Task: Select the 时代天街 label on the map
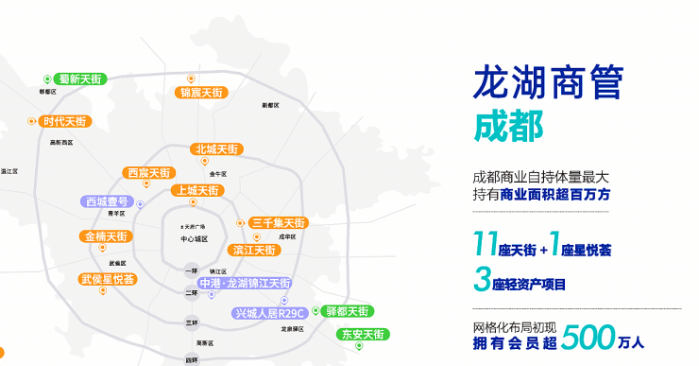(x=63, y=121)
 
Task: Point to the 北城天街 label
(x=216, y=148)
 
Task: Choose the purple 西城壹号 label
(x=107, y=201)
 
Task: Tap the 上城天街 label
(x=196, y=190)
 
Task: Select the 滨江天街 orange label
(x=252, y=250)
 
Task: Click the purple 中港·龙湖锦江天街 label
(x=244, y=283)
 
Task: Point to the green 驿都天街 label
(x=344, y=310)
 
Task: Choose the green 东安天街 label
(x=362, y=334)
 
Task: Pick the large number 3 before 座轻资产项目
(x=485, y=281)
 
